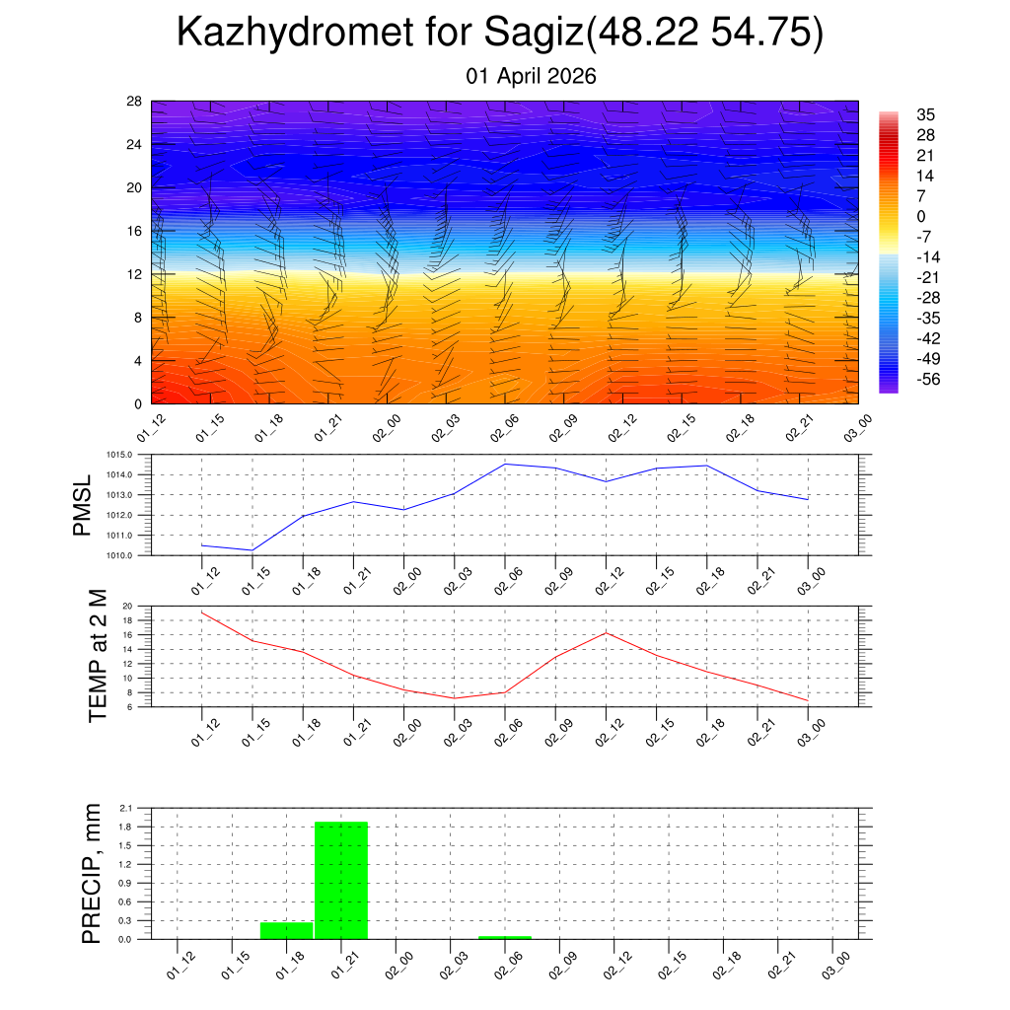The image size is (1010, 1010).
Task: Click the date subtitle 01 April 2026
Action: pos(531,76)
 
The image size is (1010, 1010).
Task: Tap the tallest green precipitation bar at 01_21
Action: pos(341,880)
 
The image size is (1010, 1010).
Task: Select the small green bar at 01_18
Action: pos(286,930)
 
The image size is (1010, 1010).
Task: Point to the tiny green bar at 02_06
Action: pos(505,937)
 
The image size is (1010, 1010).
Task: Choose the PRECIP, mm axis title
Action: pos(91,873)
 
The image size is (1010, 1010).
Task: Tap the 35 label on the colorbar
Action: pos(925,114)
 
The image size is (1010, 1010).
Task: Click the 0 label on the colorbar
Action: pos(922,216)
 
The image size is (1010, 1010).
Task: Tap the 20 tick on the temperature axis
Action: pos(127,607)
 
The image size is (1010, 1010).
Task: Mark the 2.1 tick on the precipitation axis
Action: pos(125,808)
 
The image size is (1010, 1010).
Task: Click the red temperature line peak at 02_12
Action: pos(605,632)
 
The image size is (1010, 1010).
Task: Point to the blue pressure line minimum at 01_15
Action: pos(252,549)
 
